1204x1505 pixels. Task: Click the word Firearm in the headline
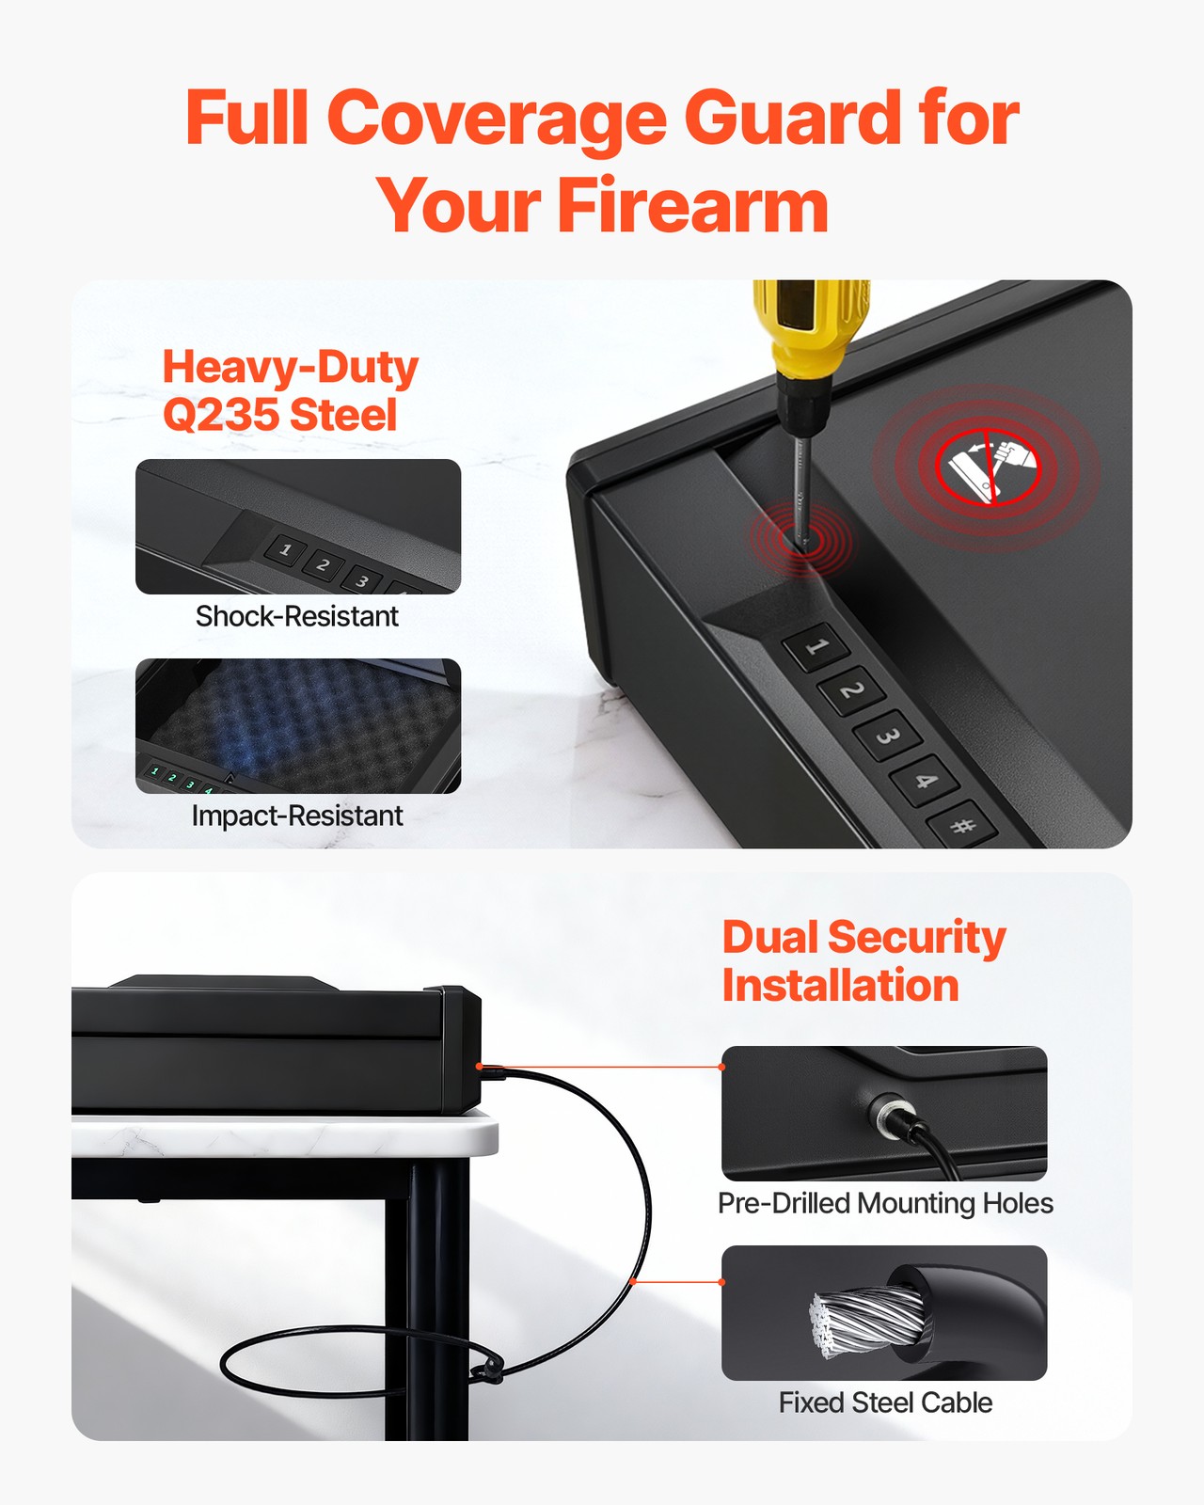693,206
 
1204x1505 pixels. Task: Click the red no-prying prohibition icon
987,467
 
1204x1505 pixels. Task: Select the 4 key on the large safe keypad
925,780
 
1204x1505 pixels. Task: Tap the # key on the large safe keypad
961,826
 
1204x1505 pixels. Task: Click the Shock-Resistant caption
297,616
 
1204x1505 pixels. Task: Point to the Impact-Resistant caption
297,816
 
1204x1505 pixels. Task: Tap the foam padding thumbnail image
298,724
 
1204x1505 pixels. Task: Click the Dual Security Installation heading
863,960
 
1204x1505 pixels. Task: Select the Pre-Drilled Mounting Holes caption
885,1203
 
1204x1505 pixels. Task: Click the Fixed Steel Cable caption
885,1402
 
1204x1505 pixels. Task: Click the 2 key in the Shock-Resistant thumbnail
323,564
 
